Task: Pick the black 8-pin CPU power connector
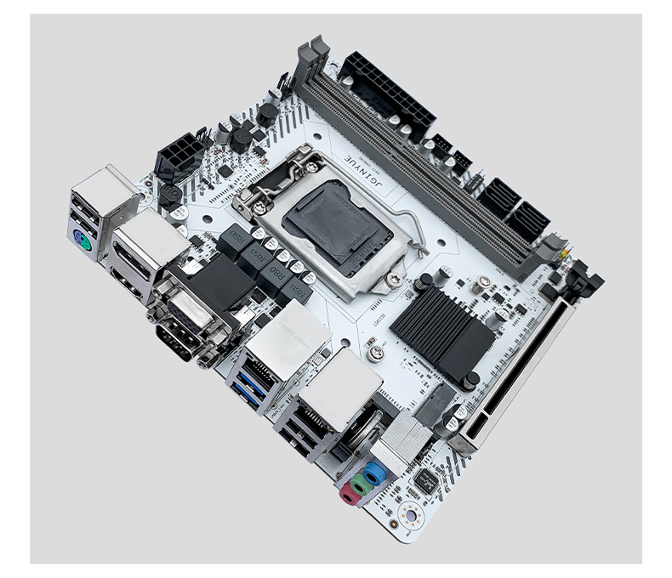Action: pos(180,156)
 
